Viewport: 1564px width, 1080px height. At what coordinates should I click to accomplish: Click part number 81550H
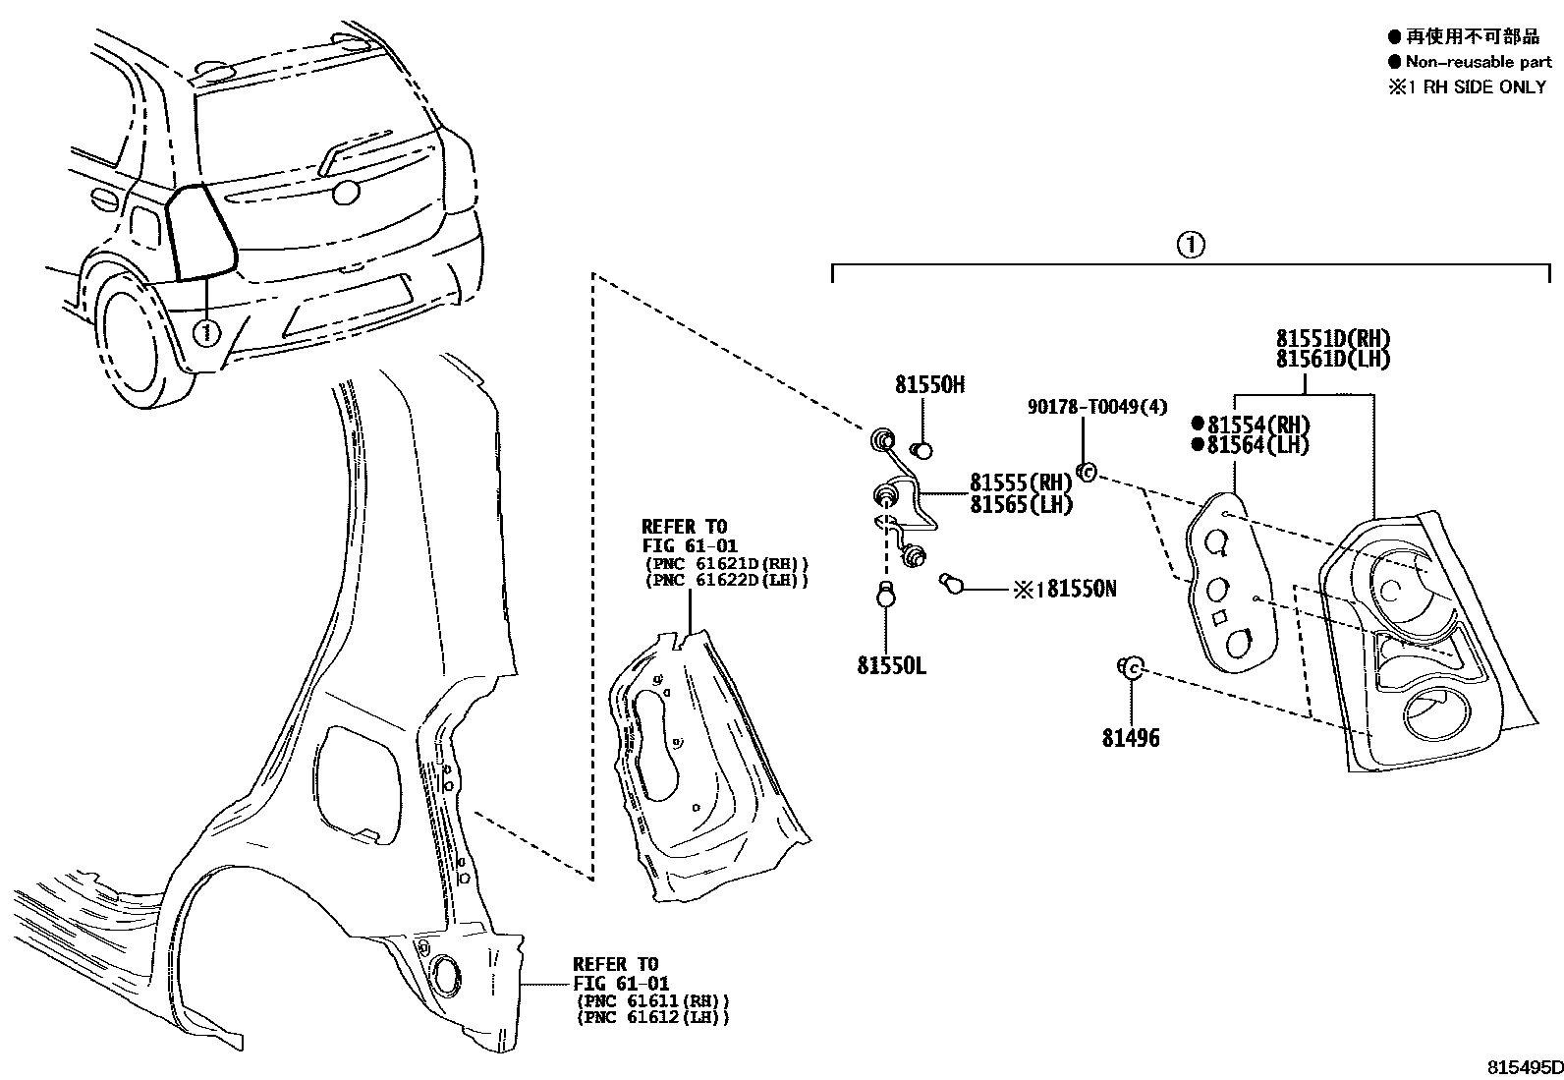point(928,385)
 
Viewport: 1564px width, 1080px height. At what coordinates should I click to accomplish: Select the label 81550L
point(891,665)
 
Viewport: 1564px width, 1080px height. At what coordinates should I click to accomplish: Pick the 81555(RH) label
point(1021,483)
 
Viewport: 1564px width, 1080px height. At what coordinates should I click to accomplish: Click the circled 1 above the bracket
point(1190,244)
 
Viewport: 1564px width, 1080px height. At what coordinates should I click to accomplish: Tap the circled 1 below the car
point(205,332)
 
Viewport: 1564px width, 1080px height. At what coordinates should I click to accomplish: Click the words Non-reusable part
point(1478,62)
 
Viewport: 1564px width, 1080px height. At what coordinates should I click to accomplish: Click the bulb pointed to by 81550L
point(886,595)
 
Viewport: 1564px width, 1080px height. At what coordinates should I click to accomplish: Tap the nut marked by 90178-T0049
point(1087,473)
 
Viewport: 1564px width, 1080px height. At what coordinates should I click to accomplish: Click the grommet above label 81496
point(1130,668)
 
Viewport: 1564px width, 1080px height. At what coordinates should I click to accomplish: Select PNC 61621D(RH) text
point(726,563)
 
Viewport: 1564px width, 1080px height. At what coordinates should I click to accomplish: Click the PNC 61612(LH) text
point(652,1017)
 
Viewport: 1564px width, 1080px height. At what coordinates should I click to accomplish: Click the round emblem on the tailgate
point(345,193)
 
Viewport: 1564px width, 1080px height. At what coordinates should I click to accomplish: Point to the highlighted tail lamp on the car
point(199,231)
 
